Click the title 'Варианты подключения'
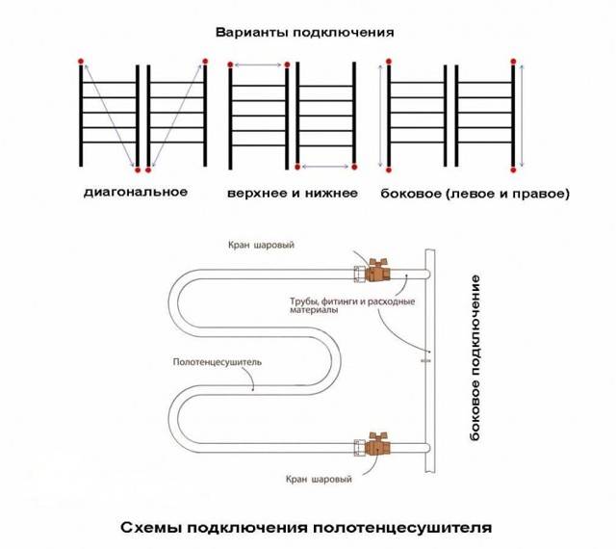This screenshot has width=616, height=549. [x=305, y=31]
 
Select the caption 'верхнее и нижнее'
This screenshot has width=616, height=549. [x=293, y=193]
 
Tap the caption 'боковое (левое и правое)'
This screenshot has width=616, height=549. [x=475, y=194]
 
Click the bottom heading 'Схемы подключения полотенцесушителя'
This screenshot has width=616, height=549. [x=307, y=528]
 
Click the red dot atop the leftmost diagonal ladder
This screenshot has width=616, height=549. [x=81, y=62]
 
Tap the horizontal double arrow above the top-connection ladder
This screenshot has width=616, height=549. [x=259, y=65]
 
